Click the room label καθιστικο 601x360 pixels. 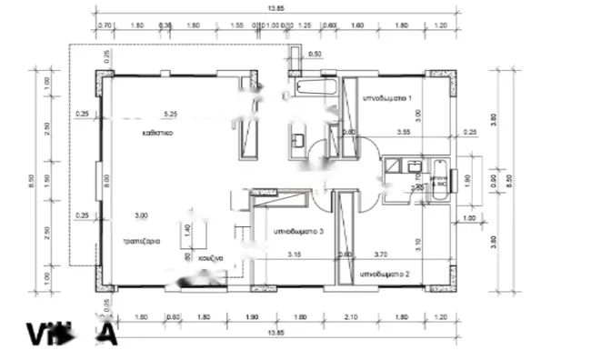point(157,132)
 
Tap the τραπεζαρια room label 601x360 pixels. point(143,243)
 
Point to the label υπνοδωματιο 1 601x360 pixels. point(388,96)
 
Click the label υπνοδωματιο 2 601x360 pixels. point(386,273)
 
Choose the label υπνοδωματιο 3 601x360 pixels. point(298,232)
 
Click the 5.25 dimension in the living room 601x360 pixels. point(170,114)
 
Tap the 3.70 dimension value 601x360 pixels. point(380,255)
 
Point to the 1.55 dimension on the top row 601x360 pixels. point(236,26)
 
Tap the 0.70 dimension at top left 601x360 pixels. point(105,26)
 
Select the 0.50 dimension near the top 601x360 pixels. point(315,55)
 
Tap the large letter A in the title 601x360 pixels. point(105,335)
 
